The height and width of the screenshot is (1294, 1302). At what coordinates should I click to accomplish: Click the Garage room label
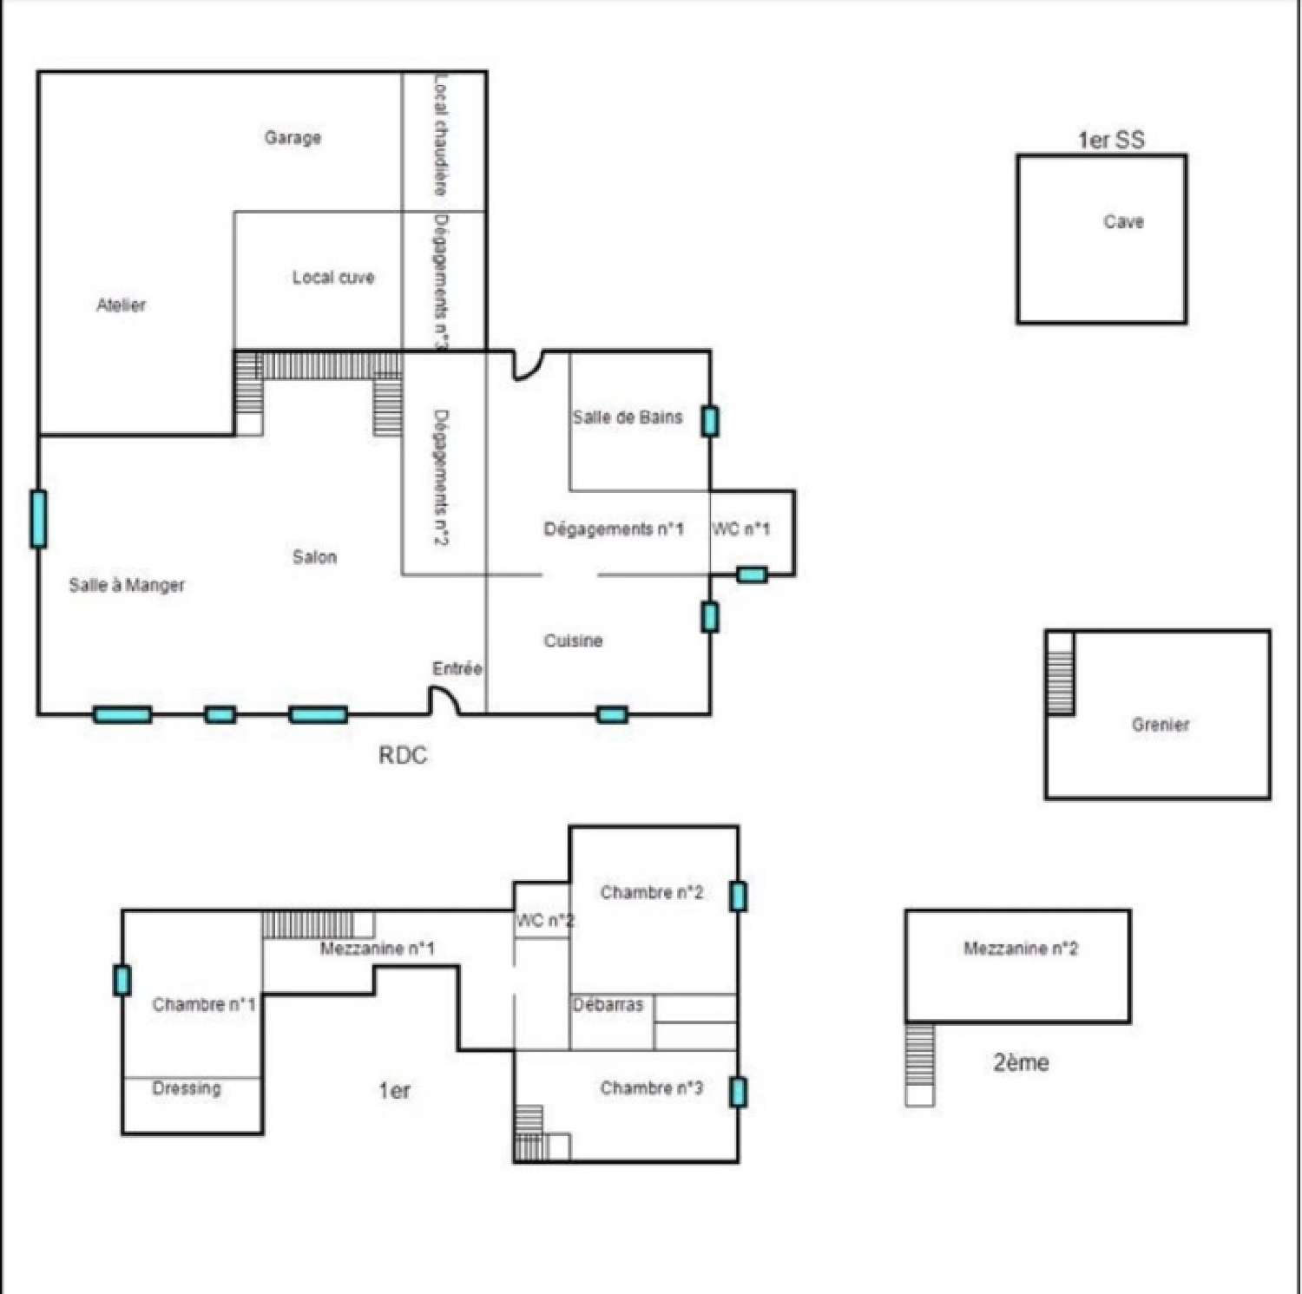click(x=293, y=137)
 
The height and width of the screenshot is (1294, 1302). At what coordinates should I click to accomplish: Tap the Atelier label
click(x=121, y=305)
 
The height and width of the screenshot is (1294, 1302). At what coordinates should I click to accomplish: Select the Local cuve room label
click(x=333, y=277)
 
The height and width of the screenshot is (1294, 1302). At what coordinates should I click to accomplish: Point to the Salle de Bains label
click(x=628, y=417)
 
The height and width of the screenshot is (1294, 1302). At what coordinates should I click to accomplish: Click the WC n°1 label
click(x=740, y=529)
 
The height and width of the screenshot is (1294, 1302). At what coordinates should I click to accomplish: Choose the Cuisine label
click(x=573, y=640)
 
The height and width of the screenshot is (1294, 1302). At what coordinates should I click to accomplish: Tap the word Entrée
click(x=457, y=668)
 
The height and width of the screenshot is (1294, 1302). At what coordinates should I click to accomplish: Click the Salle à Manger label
click(x=127, y=585)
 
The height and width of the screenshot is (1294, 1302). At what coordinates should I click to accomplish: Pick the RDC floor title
click(x=403, y=755)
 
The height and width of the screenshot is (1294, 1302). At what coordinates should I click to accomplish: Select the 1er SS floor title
click(x=1111, y=140)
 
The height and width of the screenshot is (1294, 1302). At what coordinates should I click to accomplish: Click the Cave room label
click(x=1123, y=221)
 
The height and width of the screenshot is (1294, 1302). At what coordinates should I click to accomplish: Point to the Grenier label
click(x=1161, y=725)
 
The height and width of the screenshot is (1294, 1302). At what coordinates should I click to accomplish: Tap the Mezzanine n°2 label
click(x=1021, y=949)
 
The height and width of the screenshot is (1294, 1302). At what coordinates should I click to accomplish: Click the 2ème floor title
click(x=1021, y=1062)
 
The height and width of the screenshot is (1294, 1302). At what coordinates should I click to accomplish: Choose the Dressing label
click(x=187, y=1088)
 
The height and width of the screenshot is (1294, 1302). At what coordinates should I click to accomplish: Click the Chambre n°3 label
click(x=652, y=1088)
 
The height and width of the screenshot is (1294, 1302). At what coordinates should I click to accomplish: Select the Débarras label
click(x=608, y=1004)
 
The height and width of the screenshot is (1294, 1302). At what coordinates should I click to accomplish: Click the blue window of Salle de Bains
click(x=710, y=421)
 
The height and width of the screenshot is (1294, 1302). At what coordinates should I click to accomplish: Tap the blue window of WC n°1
click(x=752, y=574)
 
